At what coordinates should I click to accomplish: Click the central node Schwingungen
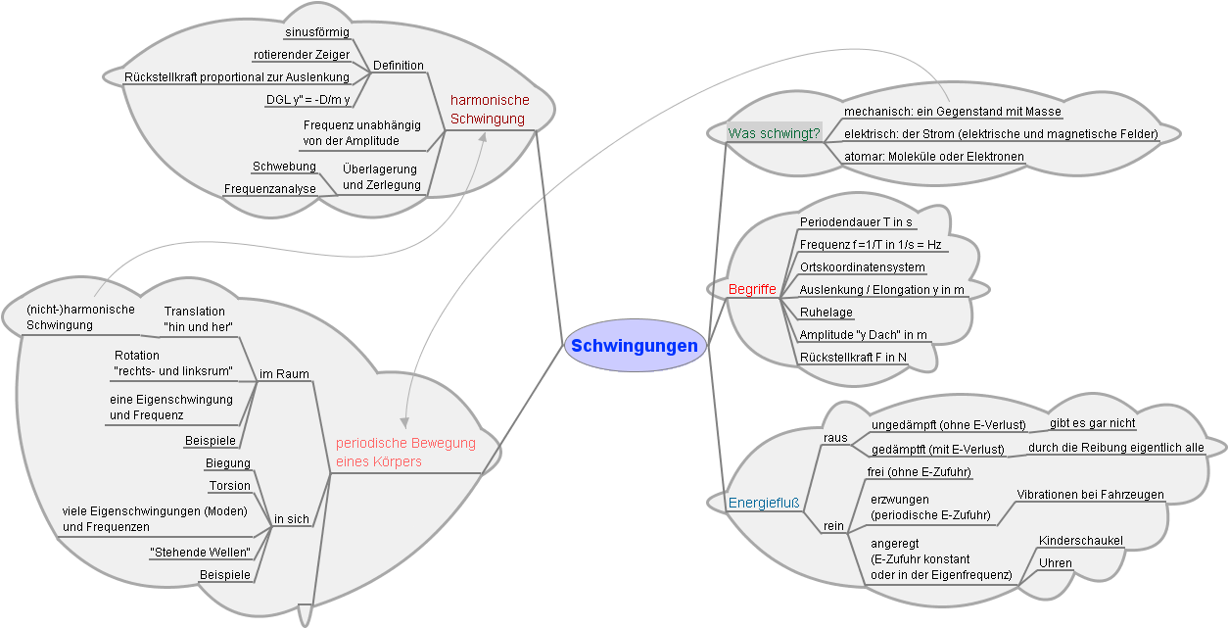(635, 346)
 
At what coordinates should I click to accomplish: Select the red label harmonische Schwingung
(489, 110)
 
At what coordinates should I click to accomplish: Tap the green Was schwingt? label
(774, 133)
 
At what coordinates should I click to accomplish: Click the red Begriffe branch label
(752, 290)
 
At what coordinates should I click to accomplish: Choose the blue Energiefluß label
(764, 504)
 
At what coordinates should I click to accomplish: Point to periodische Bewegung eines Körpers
(405, 452)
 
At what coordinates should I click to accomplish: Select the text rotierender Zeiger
(301, 55)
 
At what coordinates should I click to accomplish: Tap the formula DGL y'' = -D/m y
(307, 99)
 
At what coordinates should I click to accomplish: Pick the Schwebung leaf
(284, 167)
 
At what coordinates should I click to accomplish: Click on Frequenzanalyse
(269, 188)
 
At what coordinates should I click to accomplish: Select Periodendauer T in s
(856, 222)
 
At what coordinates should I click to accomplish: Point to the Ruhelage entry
(826, 313)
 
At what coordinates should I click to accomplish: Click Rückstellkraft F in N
(853, 357)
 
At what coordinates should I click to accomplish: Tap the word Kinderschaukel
(1081, 541)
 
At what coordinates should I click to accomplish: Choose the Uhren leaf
(1055, 563)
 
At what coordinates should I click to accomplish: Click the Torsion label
(230, 486)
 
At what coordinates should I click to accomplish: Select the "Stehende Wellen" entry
(200, 553)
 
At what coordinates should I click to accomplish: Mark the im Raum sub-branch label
(284, 374)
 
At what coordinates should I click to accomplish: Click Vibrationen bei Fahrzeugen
(1090, 495)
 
